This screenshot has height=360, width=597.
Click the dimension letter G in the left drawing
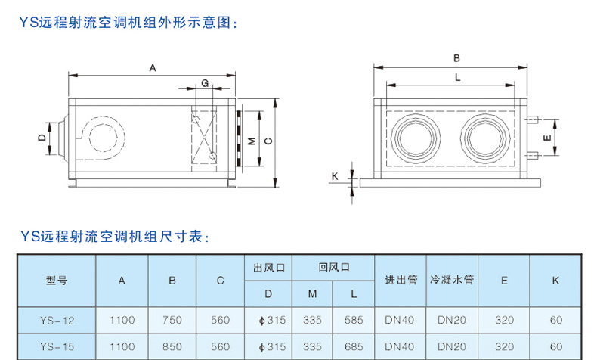(x=204, y=82)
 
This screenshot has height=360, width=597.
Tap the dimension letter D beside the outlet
(x=42, y=137)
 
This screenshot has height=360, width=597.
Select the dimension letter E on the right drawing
(x=546, y=138)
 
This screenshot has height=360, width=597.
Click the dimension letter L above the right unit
(x=457, y=76)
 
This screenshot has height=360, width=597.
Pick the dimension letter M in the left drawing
(x=251, y=141)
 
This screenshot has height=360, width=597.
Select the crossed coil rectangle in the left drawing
(x=205, y=137)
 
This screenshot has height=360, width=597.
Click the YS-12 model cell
(x=57, y=320)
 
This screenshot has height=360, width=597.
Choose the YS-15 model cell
(x=57, y=347)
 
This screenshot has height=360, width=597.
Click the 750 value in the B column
(x=172, y=320)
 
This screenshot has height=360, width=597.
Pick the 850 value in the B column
(x=172, y=347)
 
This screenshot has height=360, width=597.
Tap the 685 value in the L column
(x=354, y=347)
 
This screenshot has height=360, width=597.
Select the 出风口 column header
(x=268, y=267)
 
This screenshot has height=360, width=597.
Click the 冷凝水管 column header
(x=452, y=280)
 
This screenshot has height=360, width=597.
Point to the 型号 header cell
(x=57, y=280)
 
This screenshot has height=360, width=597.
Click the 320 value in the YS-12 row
(x=504, y=320)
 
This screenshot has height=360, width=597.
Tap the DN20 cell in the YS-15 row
(x=452, y=347)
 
